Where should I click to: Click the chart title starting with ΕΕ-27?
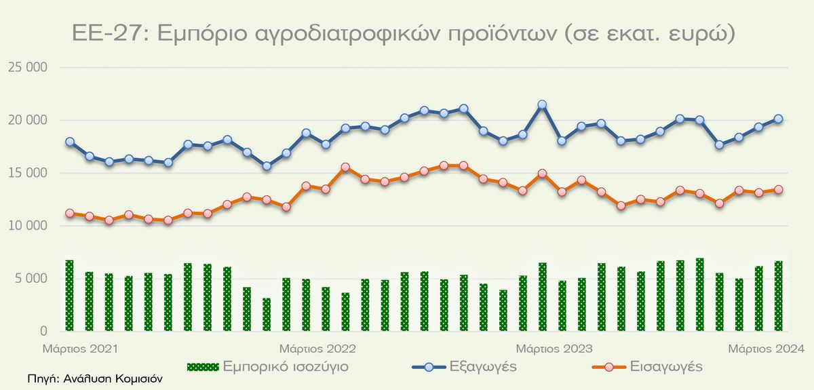[x=403, y=34]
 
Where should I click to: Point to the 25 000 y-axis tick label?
[x=28, y=68]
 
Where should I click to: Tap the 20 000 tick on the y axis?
[x=28, y=121]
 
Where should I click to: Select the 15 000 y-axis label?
[x=28, y=173]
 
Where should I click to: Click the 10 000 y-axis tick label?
[x=28, y=226]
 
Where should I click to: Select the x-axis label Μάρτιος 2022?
[x=318, y=349]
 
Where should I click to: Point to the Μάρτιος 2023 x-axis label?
[x=554, y=349]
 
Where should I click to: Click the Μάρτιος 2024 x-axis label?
[x=766, y=349]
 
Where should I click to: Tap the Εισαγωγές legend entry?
[x=645, y=367]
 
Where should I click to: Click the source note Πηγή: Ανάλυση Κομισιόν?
[x=96, y=380]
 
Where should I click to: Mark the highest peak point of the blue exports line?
[x=542, y=105]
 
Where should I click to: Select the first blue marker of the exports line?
[x=69, y=142]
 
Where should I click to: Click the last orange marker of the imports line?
[x=779, y=190]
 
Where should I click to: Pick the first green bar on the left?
[x=69, y=296]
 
